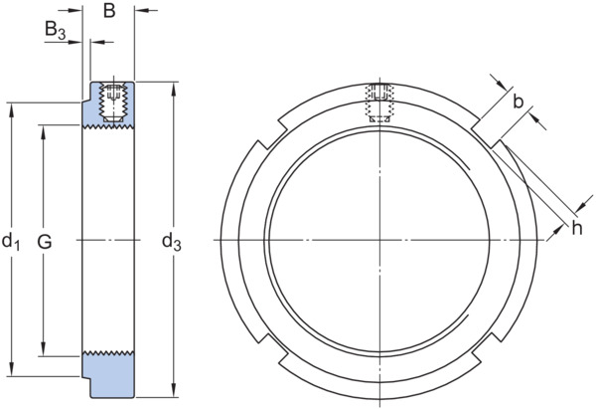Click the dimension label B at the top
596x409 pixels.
tap(109, 11)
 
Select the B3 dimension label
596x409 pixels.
tap(55, 30)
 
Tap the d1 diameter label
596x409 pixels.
tap(11, 243)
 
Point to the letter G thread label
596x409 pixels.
tap(45, 242)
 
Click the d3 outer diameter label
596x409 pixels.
tap(172, 243)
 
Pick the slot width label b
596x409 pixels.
tap(519, 102)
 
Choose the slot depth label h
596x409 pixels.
tap(576, 229)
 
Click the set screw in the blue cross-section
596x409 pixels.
tap(113, 102)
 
